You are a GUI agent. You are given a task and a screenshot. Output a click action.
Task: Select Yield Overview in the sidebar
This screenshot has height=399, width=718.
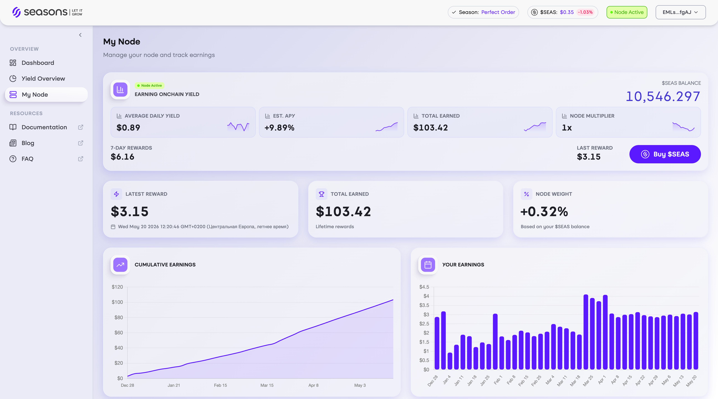[43, 79]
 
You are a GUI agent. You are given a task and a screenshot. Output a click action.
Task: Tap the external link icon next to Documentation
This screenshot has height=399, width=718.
[81, 127]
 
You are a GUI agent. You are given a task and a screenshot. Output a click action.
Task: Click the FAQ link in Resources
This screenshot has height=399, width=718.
[27, 159]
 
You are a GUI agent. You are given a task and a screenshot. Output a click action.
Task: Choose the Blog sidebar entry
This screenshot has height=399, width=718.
[28, 143]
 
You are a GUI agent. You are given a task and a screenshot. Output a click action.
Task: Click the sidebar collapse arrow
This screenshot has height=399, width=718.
[80, 35]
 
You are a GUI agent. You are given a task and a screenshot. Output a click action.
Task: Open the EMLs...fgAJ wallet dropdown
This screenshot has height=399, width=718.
[680, 12]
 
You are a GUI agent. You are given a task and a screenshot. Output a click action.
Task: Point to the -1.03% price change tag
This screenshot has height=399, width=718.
[585, 12]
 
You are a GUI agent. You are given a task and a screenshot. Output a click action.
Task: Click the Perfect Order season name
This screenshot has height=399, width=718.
[498, 12]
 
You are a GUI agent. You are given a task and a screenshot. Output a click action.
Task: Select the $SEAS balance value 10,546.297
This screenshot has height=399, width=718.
[663, 96]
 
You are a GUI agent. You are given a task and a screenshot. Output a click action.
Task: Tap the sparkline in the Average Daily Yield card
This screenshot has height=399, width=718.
[238, 126]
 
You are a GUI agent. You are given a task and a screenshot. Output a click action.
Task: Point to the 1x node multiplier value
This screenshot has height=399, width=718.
[567, 128]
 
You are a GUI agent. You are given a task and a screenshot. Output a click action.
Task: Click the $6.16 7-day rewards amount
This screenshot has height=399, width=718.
[122, 157]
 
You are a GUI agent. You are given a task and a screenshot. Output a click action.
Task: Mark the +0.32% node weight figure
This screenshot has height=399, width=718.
[544, 211]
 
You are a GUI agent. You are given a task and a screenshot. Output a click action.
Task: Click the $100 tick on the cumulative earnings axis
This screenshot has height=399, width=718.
[117, 302]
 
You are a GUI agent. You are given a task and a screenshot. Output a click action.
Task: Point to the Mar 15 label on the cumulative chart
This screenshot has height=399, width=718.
[267, 385]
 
